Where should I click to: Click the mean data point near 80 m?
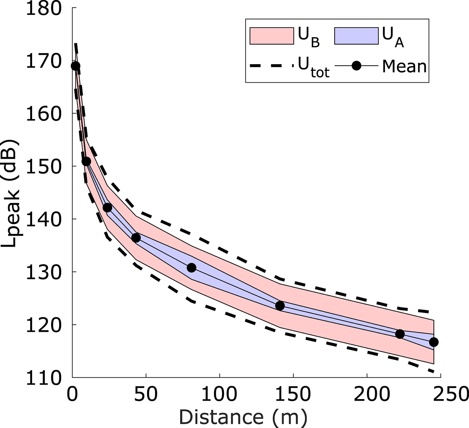pos(192,268)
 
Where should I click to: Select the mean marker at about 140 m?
pos(280,306)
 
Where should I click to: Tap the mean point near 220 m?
pos(400,334)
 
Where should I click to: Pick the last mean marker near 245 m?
pos(433,342)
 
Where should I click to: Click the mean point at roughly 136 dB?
pos(136,238)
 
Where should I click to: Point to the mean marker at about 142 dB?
pos(107,208)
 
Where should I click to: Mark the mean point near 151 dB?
pos(86,161)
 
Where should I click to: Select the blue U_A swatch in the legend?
pos(356,36)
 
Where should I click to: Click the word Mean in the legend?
pos(404,66)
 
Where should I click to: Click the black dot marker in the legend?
pos(356,66)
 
